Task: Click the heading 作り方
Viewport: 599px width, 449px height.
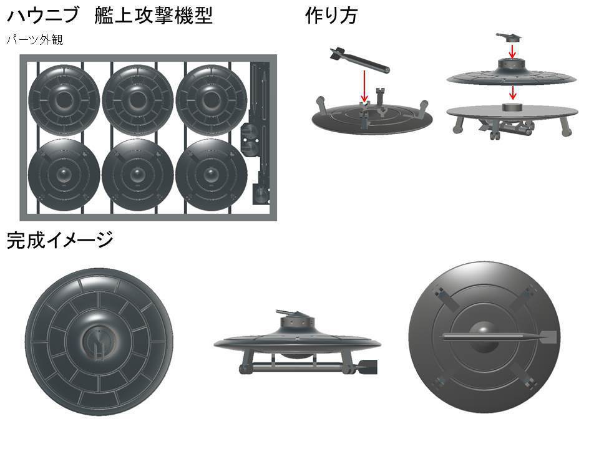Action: click(331, 16)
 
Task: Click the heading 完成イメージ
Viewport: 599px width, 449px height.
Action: click(60, 239)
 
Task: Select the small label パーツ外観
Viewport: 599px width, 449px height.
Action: click(35, 41)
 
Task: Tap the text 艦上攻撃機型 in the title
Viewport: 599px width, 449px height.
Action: click(153, 16)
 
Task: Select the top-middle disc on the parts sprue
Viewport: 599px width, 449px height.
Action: click(137, 97)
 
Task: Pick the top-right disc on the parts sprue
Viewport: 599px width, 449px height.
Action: click(211, 97)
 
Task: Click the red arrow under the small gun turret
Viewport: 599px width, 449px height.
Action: click(512, 51)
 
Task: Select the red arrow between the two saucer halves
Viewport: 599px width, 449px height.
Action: click(512, 92)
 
